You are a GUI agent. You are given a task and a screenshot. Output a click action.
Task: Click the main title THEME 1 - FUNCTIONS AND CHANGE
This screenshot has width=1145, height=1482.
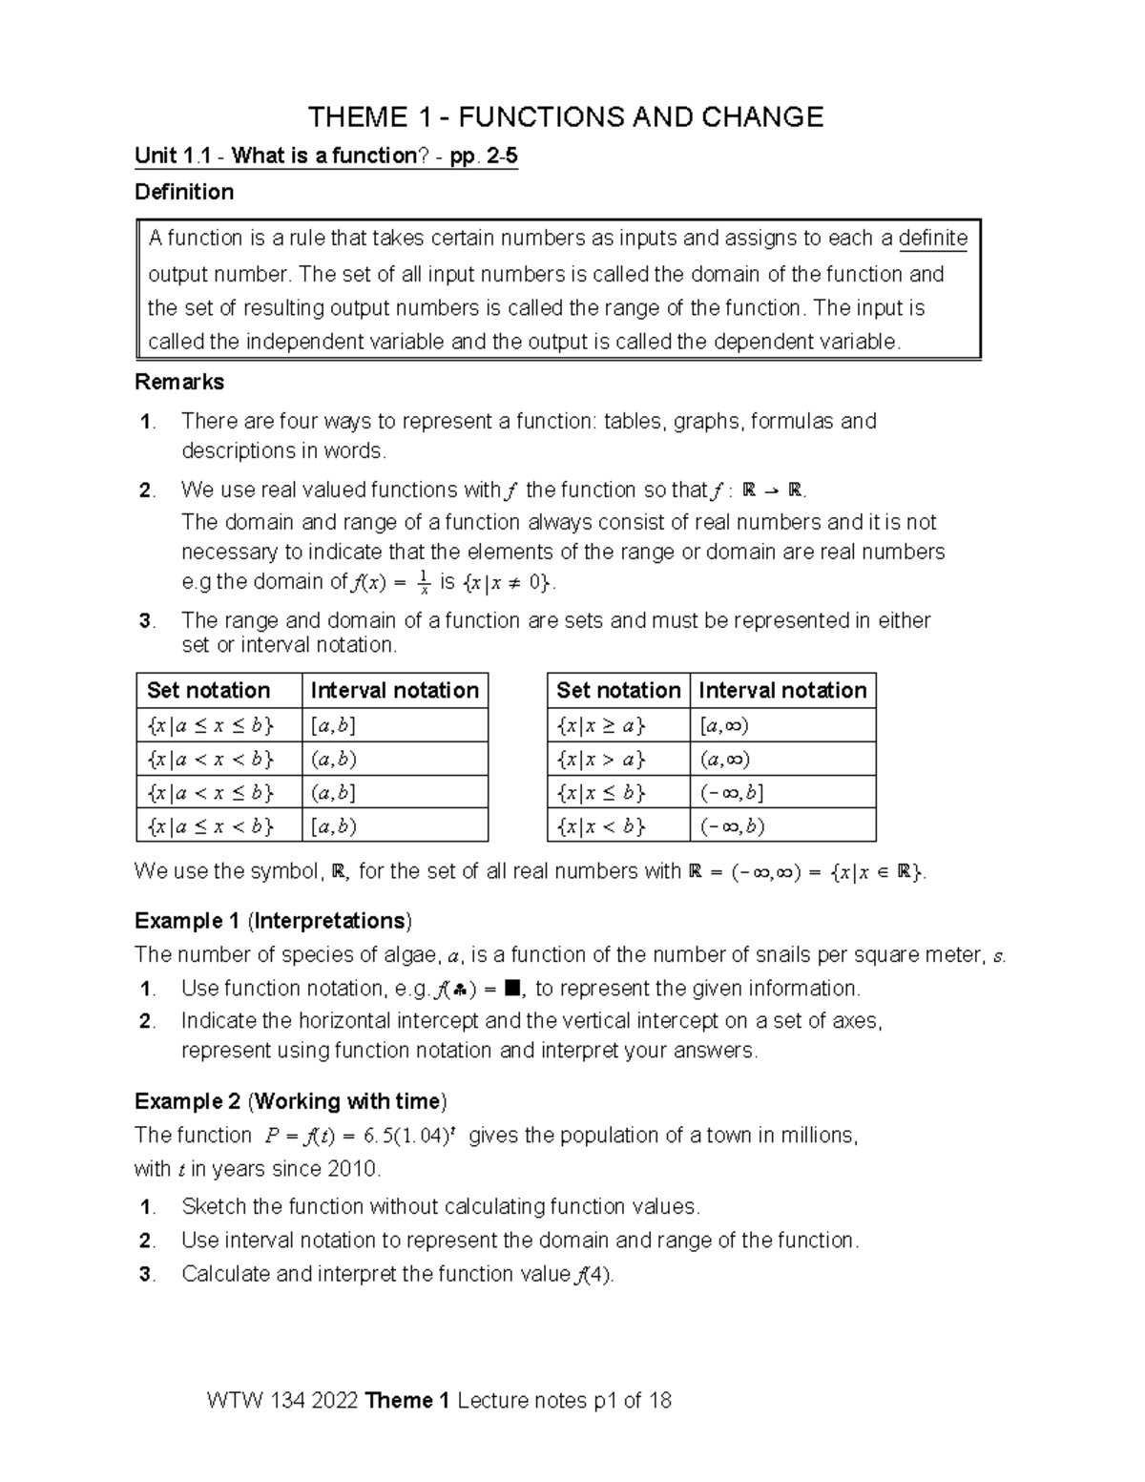pyautogui.click(x=565, y=117)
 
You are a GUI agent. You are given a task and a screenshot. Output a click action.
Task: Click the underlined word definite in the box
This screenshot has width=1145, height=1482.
pyautogui.click(x=933, y=239)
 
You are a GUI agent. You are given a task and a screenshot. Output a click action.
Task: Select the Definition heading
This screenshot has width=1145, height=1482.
pyautogui.click(x=184, y=192)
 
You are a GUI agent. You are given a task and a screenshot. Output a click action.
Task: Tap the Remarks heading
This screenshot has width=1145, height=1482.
pyautogui.click(x=179, y=382)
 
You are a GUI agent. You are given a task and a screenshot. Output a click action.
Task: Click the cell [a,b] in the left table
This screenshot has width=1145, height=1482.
pyautogui.click(x=333, y=726)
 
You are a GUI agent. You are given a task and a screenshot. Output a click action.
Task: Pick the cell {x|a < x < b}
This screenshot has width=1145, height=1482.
pyautogui.click(x=211, y=760)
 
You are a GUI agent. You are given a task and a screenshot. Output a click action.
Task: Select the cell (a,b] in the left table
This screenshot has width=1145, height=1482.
pyautogui.click(x=333, y=793)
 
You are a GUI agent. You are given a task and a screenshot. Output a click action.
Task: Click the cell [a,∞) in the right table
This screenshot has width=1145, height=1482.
pyautogui.click(x=724, y=726)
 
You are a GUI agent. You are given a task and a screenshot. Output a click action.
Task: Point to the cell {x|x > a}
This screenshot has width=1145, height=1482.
pyautogui.click(x=601, y=760)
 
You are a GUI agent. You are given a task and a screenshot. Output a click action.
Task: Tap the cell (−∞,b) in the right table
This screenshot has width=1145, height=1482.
pyautogui.click(x=732, y=826)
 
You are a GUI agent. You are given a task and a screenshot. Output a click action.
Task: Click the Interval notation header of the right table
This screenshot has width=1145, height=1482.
pyautogui.click(x=782, y=690)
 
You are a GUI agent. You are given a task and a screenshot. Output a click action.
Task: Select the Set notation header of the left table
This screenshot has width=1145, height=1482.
pyautogui.click(x=209, y=690)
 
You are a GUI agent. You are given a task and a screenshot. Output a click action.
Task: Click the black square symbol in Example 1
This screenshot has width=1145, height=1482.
pyautogui.click(x=511, y=989)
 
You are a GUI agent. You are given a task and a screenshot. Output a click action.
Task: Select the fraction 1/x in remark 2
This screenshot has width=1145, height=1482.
pyautogui.click(x=423, y=582)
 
